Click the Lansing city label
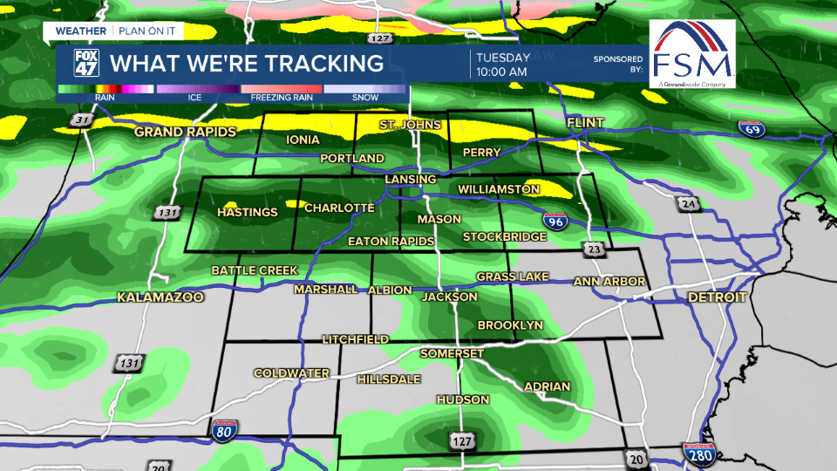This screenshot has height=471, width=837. (411, 180)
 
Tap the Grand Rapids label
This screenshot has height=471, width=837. (185, 133)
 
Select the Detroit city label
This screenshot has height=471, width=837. (718, 297)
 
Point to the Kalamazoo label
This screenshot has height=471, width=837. (160, 297)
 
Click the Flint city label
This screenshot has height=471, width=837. (585, 124)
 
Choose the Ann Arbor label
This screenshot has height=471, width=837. (609, 282)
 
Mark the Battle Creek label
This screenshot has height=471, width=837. (255, 270)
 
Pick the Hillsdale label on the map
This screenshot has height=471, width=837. (389, 379)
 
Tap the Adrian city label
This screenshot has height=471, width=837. (547, 386)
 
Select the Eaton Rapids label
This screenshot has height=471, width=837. (391, 241)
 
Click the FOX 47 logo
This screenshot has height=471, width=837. (81, 63)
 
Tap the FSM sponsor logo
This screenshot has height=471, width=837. (692, 54)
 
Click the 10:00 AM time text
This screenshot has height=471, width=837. (501, 72)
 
